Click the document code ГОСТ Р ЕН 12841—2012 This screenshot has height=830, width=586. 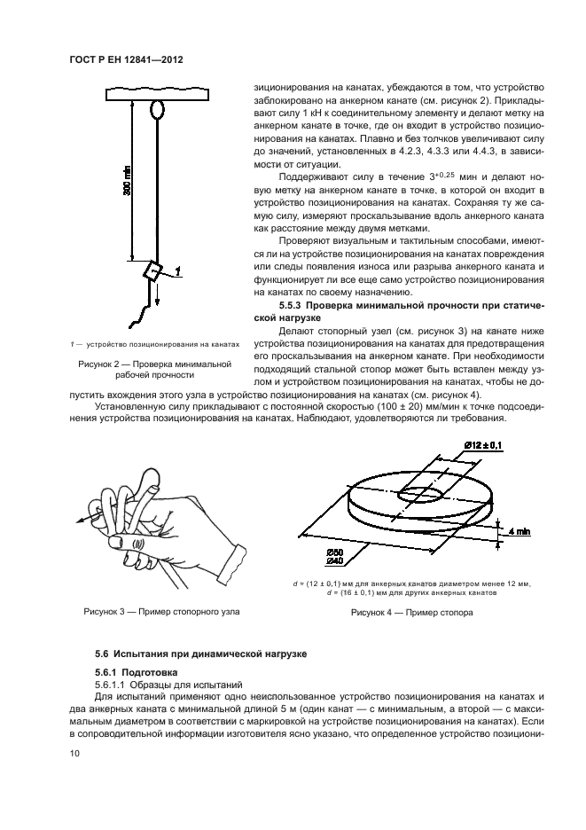pyautogui.click(x=134, y=59)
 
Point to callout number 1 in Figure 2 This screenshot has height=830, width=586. pyautogui.click(x=178, y=271)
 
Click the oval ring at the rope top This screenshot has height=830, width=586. pyautogui.click(x=158, y=109)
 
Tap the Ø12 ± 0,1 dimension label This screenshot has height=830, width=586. pyautogui.click(x=481, y=443)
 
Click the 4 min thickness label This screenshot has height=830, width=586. pyautogui.click(x=520, y=531)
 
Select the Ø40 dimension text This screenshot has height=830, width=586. pyautogui.click(x=336, y=561)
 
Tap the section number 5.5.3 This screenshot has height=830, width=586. pyautogui.click(x=295, y=306)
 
